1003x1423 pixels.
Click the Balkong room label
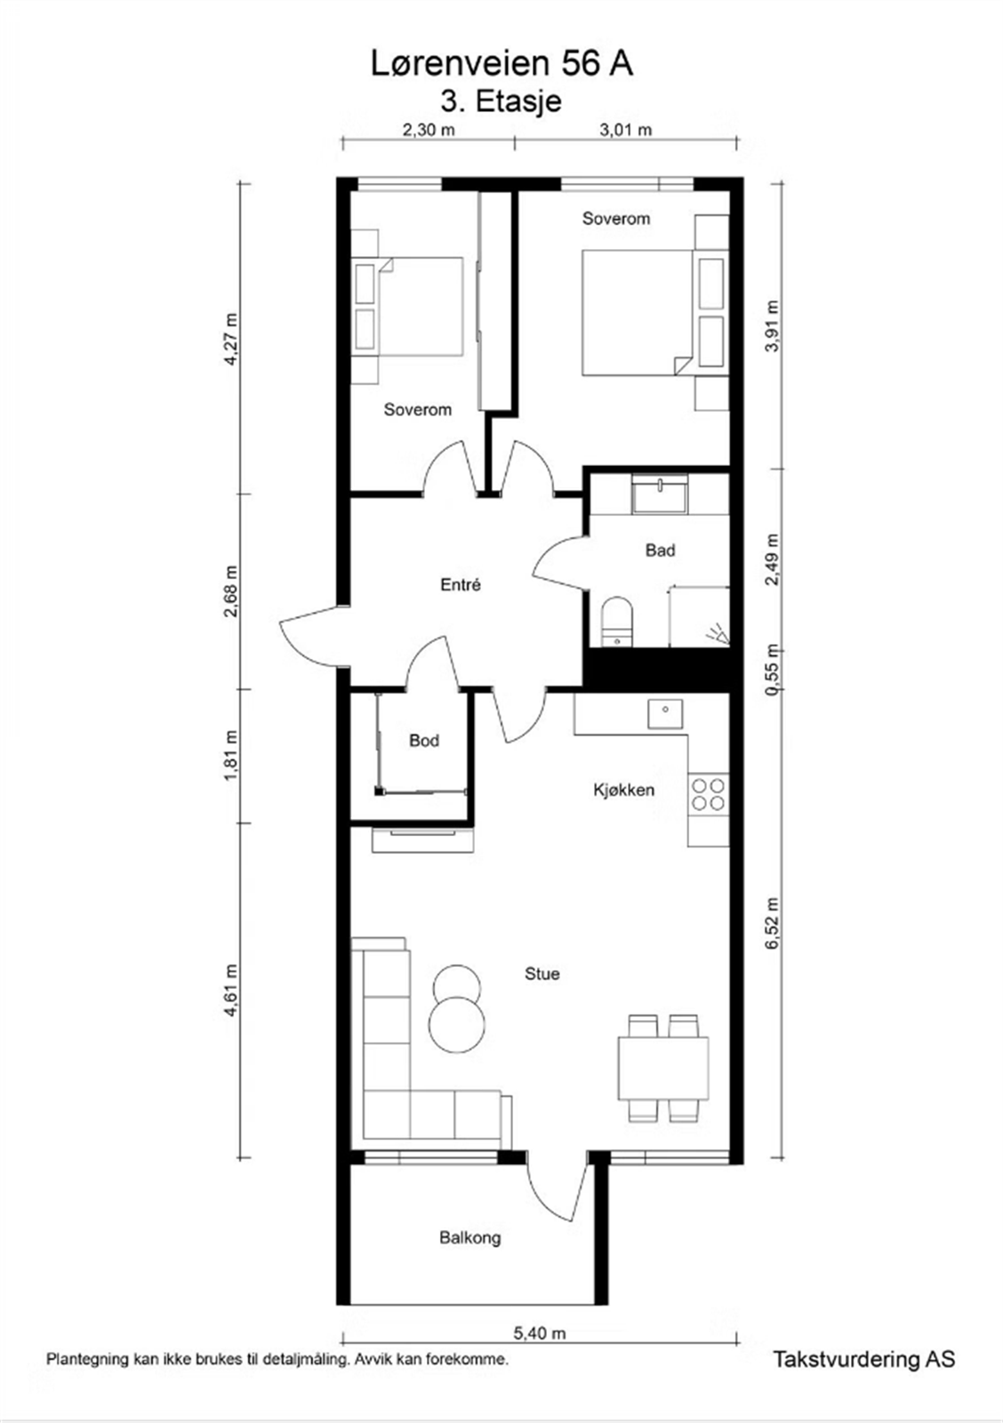pyautogui.click(x=469, y=1237)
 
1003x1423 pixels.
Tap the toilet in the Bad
pyautogui.click(x=615, y=622)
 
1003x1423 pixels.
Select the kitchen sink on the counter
pyautogui.click(x=664, y=713)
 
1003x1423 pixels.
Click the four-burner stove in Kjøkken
pyautogui.click(x=708, y=794)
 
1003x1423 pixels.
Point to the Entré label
pyautogui.click(x=461, y=584)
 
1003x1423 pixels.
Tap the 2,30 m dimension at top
pyautogui.click(x=429, y=130)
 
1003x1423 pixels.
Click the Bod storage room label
pyautogui.click(x=424, y=740)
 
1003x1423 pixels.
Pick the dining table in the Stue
pyautogui.click(x=663, y=1068)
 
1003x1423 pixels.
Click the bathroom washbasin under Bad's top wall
pyautogui.click(x=660, y=494)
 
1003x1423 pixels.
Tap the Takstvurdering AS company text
pyautogui.click(x=863, y=1359)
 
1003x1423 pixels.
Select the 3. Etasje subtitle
pyautogui.click(x=501, y=100)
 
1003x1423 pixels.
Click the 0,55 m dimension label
pyautogui.click(x=772, y=669)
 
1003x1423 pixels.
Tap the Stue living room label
pyautogui.click(x=542, y=974)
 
